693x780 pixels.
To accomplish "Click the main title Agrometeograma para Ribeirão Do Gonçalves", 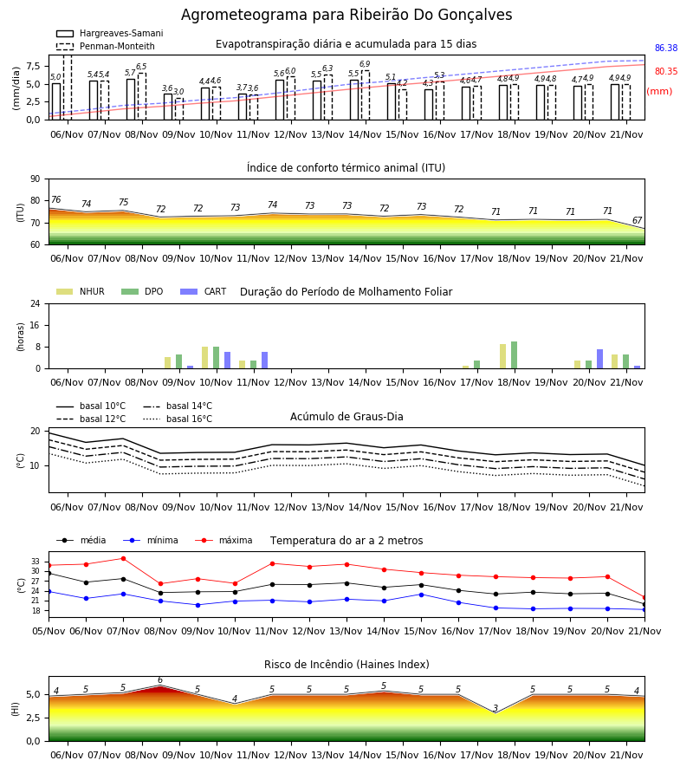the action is [346, 15].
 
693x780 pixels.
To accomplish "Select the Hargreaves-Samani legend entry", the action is [110, 33].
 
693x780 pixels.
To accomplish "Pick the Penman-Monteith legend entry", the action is [106, 46].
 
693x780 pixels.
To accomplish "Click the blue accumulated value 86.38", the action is [666, 49].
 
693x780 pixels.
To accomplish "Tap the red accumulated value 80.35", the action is [666, 72].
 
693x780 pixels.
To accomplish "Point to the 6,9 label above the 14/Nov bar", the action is [365, 64].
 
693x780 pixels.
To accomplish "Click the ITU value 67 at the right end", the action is [637, 220].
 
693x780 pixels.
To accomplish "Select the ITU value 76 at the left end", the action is [56, 199].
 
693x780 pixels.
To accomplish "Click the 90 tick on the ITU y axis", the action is [36, 179].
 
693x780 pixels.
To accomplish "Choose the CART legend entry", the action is [204, 291].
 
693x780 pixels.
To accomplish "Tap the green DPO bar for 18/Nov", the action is [514, 355].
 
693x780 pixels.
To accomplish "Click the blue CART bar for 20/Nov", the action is [600, 359].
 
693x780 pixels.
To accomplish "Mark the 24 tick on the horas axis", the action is [36, 303].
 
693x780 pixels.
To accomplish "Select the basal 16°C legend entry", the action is [178, 419].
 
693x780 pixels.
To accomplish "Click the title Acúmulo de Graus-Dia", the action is [346, 417].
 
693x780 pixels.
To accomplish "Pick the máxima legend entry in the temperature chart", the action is [223, 540].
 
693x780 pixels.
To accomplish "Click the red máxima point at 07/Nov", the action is [123, 559].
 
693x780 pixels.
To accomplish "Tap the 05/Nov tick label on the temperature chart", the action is [49, 631].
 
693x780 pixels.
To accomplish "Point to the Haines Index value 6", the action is [160, 680].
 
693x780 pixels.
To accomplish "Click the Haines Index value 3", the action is [495, 708].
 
